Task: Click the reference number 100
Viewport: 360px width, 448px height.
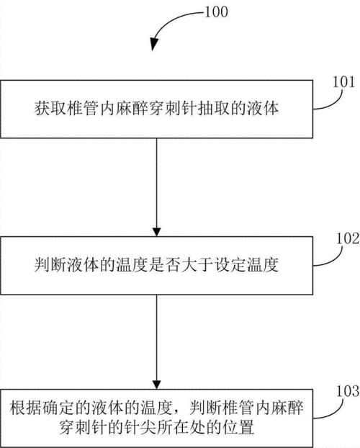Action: [216, 12]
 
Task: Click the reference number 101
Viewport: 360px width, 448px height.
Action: [343, 82]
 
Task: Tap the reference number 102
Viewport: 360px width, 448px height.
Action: [348, 238]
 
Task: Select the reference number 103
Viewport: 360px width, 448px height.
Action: [348, 391]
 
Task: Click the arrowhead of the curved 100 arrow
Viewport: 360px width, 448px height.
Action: [154, 44]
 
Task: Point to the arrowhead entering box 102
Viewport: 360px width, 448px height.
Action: [156, 233]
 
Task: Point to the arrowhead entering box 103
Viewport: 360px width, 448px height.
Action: [156, 385]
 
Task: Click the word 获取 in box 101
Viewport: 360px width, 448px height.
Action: [50, 109]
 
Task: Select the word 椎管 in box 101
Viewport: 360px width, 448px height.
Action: [83, 109]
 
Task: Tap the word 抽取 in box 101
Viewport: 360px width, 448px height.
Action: [214, 109]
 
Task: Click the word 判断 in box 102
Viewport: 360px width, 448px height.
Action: [50, 265]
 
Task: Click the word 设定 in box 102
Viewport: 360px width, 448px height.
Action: [230, 265]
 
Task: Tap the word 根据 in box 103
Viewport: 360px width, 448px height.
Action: [26, 408]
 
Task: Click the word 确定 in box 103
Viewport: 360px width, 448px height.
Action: [58, 408]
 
